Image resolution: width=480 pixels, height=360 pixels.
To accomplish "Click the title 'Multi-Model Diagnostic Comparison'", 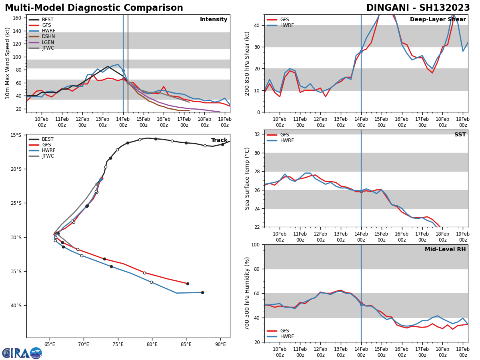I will coord(94,8).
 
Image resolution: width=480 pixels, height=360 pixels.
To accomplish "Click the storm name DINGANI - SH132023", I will coord(418,8).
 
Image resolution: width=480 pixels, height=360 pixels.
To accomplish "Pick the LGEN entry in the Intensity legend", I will coord(48,42).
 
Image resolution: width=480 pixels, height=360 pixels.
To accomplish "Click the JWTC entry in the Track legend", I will coord(48,156).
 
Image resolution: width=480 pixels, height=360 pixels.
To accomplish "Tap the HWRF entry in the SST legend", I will coord(287,140).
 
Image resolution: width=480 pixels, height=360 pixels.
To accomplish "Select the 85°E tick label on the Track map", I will coord(186,344).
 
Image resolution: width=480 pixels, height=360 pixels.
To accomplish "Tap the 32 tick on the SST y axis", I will coord(258,134).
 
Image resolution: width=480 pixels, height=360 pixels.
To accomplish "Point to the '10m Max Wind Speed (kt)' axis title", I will coord(8,63).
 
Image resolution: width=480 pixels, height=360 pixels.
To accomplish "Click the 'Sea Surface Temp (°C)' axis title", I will coord(247,178).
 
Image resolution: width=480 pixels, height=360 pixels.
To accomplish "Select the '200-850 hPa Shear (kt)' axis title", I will coord(247,63).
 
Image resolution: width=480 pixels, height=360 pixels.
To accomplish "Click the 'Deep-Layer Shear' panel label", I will coord(438,20).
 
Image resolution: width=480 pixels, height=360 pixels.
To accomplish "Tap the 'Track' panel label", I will coord(219,140).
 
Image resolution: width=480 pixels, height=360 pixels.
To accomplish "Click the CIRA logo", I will coord(22,353).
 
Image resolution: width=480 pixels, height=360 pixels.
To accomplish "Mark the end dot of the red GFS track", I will coord(188,284).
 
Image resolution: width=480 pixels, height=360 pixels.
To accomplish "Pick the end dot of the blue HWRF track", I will coord(202,292).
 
